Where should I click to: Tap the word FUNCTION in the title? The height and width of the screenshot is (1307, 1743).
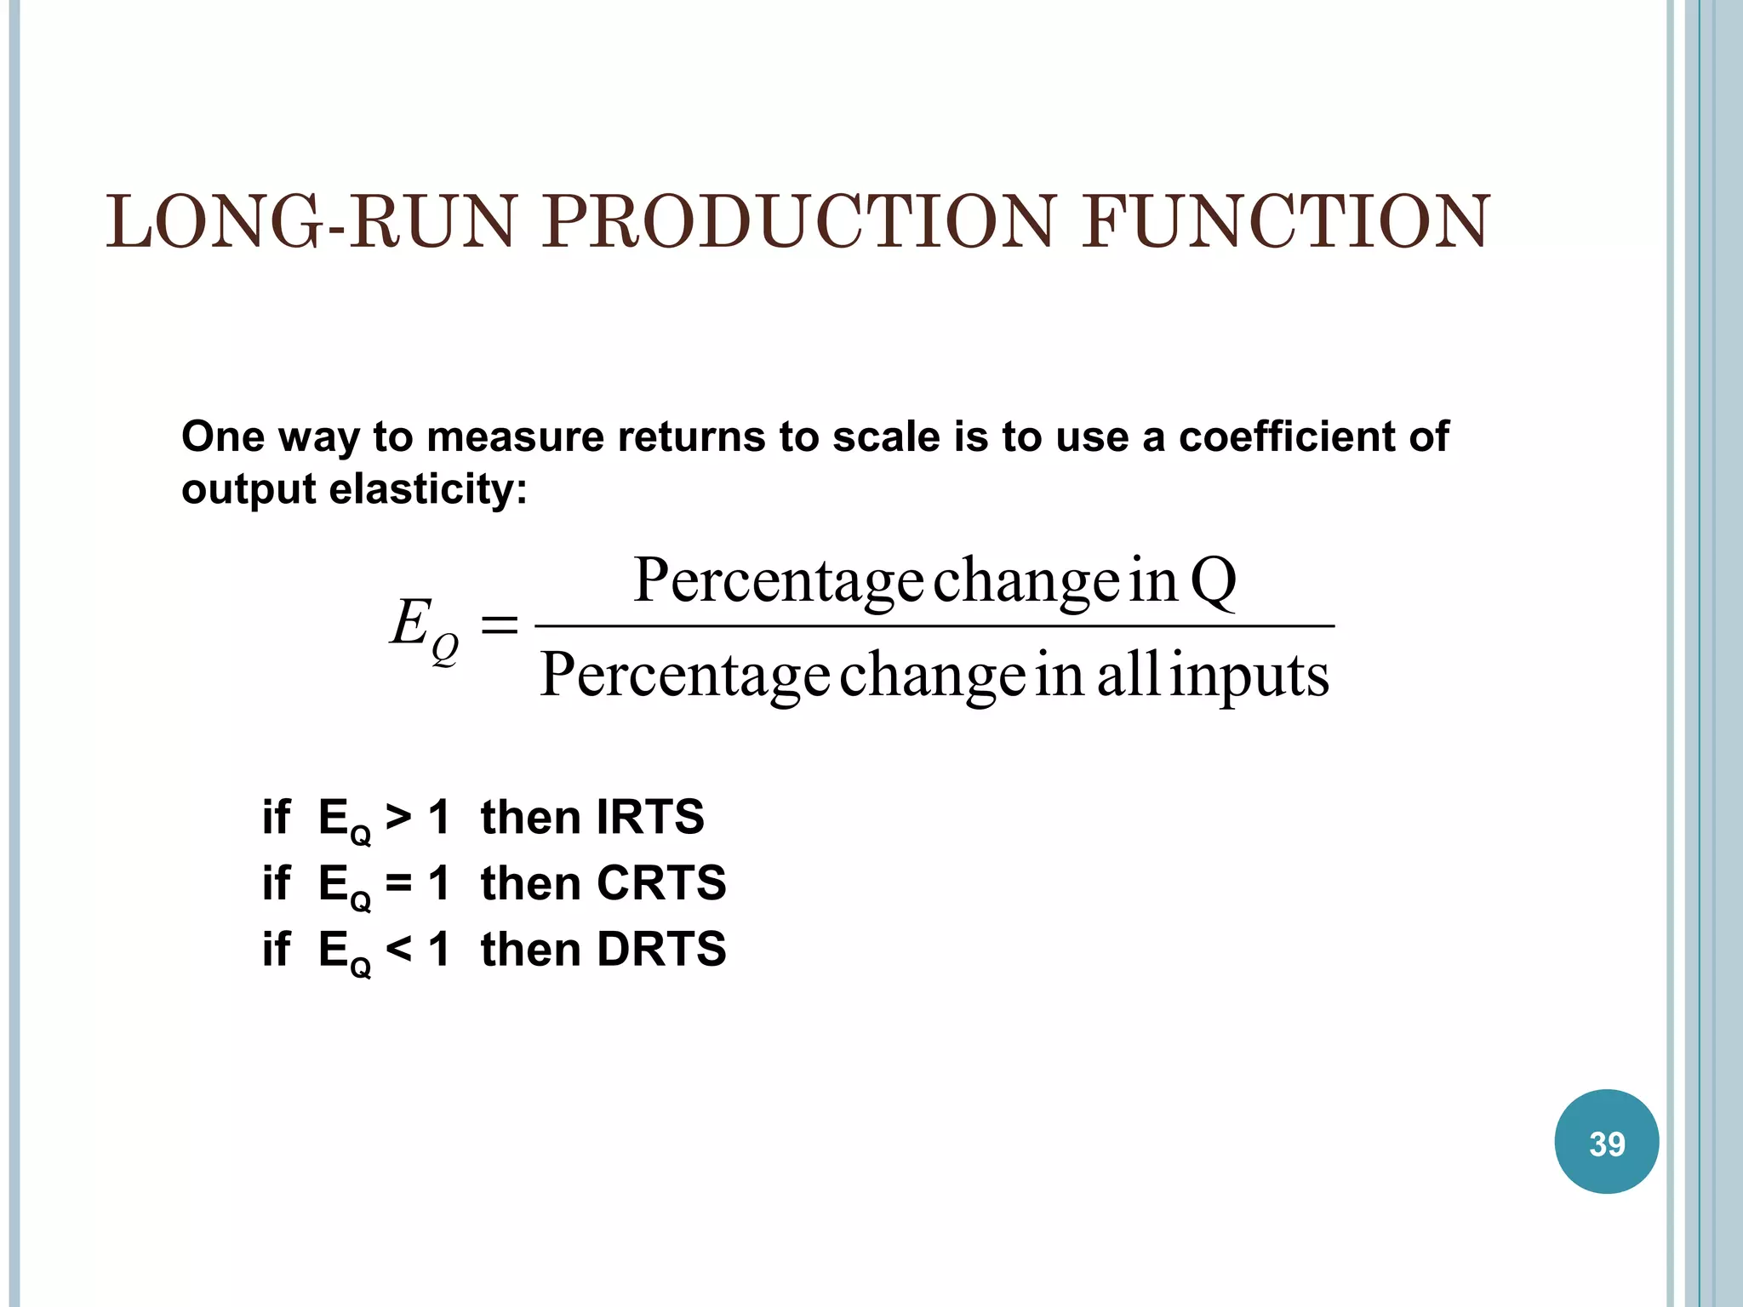pos(1285,222)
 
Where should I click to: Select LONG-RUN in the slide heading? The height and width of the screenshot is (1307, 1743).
pos(311,222)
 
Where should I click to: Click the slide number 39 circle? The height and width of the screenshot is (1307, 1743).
pos(1606,1142)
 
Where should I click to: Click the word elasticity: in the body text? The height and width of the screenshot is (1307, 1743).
pos(427,489)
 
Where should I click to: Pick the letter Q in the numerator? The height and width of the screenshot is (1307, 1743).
pos(1213,580)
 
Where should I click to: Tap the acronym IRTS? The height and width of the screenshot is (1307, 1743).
pos(650,817)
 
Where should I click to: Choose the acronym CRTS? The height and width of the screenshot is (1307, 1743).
pos(661,882)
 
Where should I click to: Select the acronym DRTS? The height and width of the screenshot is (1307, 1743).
pos(661,949)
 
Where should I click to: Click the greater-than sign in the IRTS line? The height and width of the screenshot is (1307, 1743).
pos(398,817)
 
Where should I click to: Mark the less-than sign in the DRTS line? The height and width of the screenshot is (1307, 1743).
pos(398,949)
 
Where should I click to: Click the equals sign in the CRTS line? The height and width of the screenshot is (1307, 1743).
pos(398,882)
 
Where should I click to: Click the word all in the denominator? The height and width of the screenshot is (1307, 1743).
pos(1128,675)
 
